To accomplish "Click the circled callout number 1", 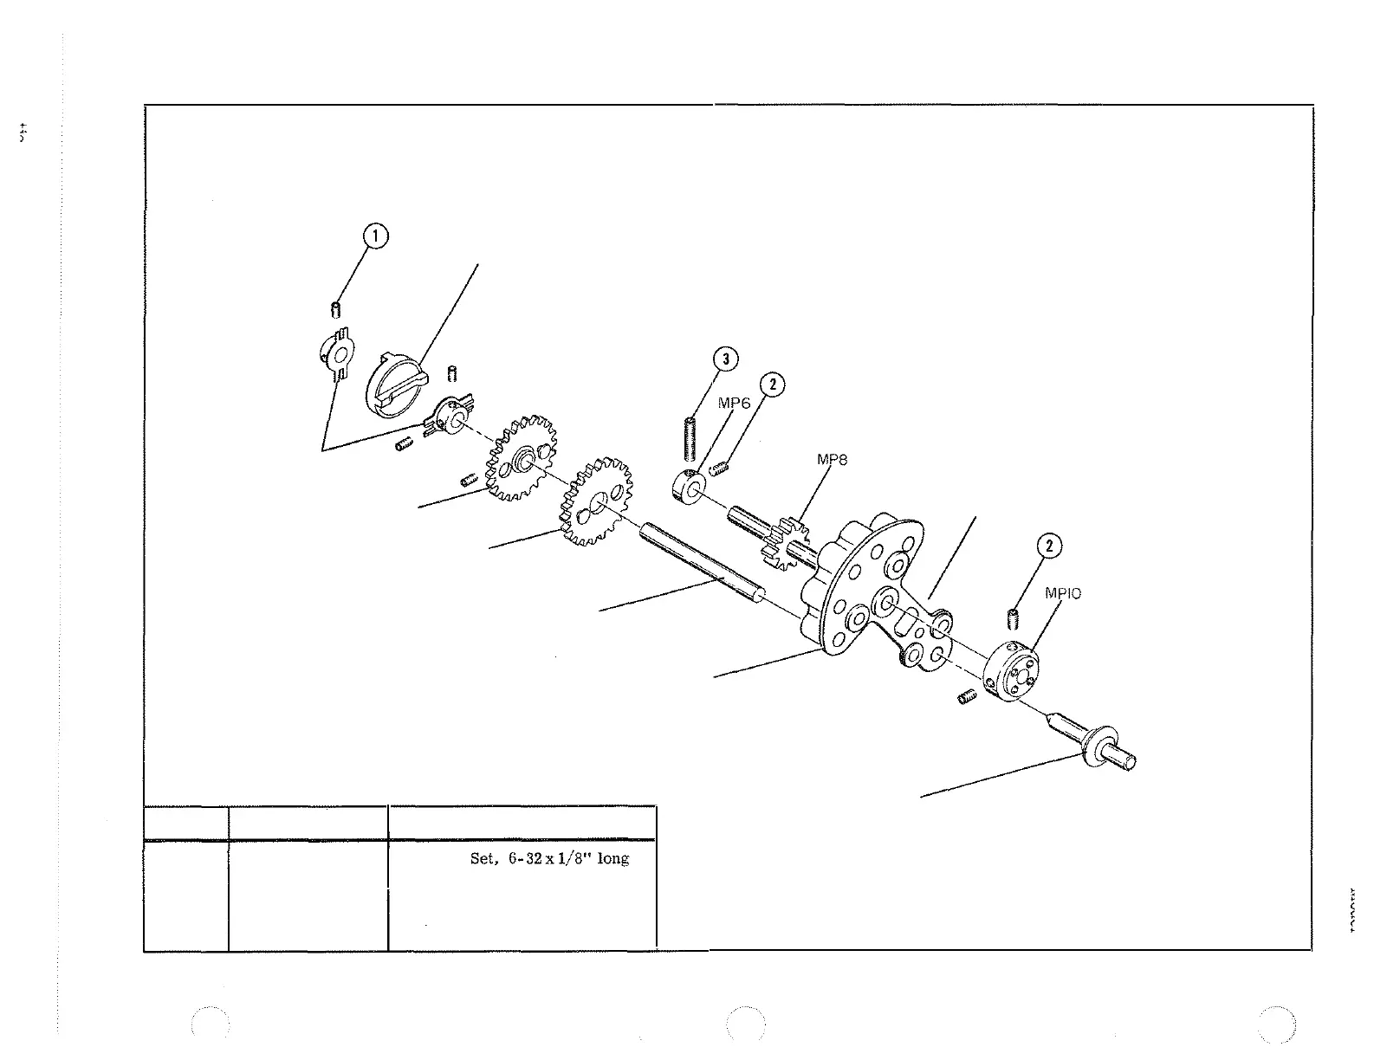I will [375, 236].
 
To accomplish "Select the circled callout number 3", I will [726, 359].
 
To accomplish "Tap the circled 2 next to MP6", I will [772, 385].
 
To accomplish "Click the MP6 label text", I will [734, 404].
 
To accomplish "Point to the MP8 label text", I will [832, 460].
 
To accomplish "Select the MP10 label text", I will [1063, 593].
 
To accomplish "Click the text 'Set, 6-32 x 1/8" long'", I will [549, 859].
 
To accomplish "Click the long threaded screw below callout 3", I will [691, 439].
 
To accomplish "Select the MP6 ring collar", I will [690, 486].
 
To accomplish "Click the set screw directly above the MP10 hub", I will [1012, 619].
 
